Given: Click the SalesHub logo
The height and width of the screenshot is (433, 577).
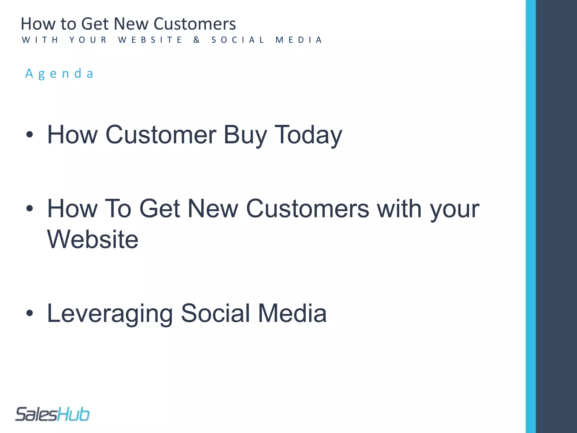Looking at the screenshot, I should click(x=52, y=414).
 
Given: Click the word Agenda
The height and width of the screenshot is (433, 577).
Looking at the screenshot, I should click(x=59, y=74).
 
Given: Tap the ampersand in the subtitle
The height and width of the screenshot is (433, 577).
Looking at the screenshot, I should click(x=197, y=40).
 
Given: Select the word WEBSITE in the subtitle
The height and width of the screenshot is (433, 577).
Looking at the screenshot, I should click(x=150, y=40).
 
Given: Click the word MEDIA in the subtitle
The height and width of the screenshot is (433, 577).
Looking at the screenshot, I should click(x=299, y=40).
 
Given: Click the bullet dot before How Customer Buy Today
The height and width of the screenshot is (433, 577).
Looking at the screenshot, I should click(x=30, y=135).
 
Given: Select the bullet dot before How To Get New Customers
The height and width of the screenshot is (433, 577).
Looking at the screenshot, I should click(x=30, y=209).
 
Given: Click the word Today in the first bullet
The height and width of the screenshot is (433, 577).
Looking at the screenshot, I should click(x=308, y=135).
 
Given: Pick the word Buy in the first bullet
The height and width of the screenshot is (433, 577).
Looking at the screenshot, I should click(x=245, y=135).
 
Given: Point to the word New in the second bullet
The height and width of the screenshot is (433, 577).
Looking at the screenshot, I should click(x=213, y=209).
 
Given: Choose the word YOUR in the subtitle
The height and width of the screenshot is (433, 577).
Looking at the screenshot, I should click(x=88, y=40).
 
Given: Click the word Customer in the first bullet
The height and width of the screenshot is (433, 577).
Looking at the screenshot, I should click(x=161, y=135).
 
